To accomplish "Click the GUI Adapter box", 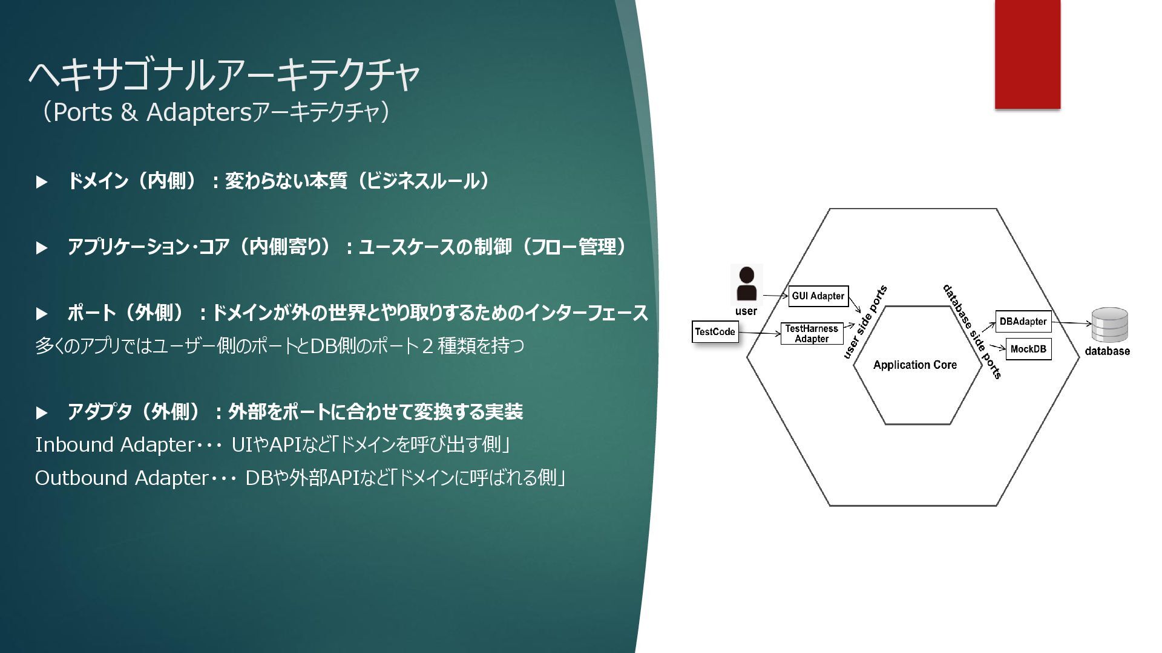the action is pos(818,296).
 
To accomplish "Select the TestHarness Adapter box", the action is pos(812,334).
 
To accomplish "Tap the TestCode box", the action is pos(715,331).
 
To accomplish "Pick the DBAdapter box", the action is pos(1023,321).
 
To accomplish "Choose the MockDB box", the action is pos(1028,349).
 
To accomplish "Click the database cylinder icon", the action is pos(1109,325).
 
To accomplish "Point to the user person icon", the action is pos(747,284).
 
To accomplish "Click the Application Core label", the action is pos(914,365).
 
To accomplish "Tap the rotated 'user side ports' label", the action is pos(865,322).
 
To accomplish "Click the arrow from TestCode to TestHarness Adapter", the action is pos(760,333).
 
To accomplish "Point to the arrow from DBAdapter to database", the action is pos(1071,323).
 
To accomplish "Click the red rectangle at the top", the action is pos(1027,54).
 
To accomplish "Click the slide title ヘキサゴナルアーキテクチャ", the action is pos(224,75).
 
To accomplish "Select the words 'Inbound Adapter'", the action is pos(114,445).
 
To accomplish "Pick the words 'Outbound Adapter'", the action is pos(122,478).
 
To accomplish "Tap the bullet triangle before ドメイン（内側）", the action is pos(42,182).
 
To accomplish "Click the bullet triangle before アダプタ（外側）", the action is pos(42,413).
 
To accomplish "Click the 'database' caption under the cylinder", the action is pos(1107,351).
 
